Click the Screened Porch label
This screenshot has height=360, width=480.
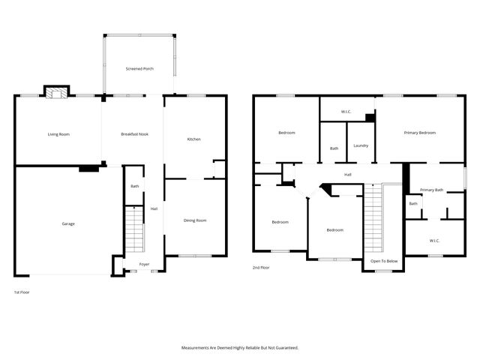pyautogui.click(x=139, y=69)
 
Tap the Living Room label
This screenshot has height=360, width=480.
pyautogui.click(x=58, y=134)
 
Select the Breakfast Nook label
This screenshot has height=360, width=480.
pyautogui.click(x=135, y=134)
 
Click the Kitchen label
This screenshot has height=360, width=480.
pyautogui.click(x=193, y=139)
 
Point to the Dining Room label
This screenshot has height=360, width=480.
pyautogui.click(x=195, y=220)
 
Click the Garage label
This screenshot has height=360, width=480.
pyautogui.click(x=68, y=223)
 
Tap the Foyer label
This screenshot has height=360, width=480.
pyautogui.click(x=144, y=265)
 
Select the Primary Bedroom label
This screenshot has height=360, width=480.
pyautogui.click(x=419, y=133)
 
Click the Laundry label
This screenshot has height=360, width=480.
pyautogui.click(x=360, y=145)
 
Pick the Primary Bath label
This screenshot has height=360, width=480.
pyautogui.click(x=431, y=190)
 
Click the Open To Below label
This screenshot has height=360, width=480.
pyautogui.click(x=384, y=261)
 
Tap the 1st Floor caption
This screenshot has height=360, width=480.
pyautogui.click(x=22, y=292)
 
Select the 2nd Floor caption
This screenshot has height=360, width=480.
pyautogui.click(x=262, y=267)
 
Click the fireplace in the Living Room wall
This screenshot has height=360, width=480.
pyautogui.click(x=55, y=93)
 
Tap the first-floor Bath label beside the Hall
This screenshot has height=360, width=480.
pyautogui.click(x=135, y=186)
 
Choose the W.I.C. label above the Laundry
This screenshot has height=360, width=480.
pyautogui.click(x=346, y=112)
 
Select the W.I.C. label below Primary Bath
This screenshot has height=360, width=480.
pyautogui.click(x=434, y=241)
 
